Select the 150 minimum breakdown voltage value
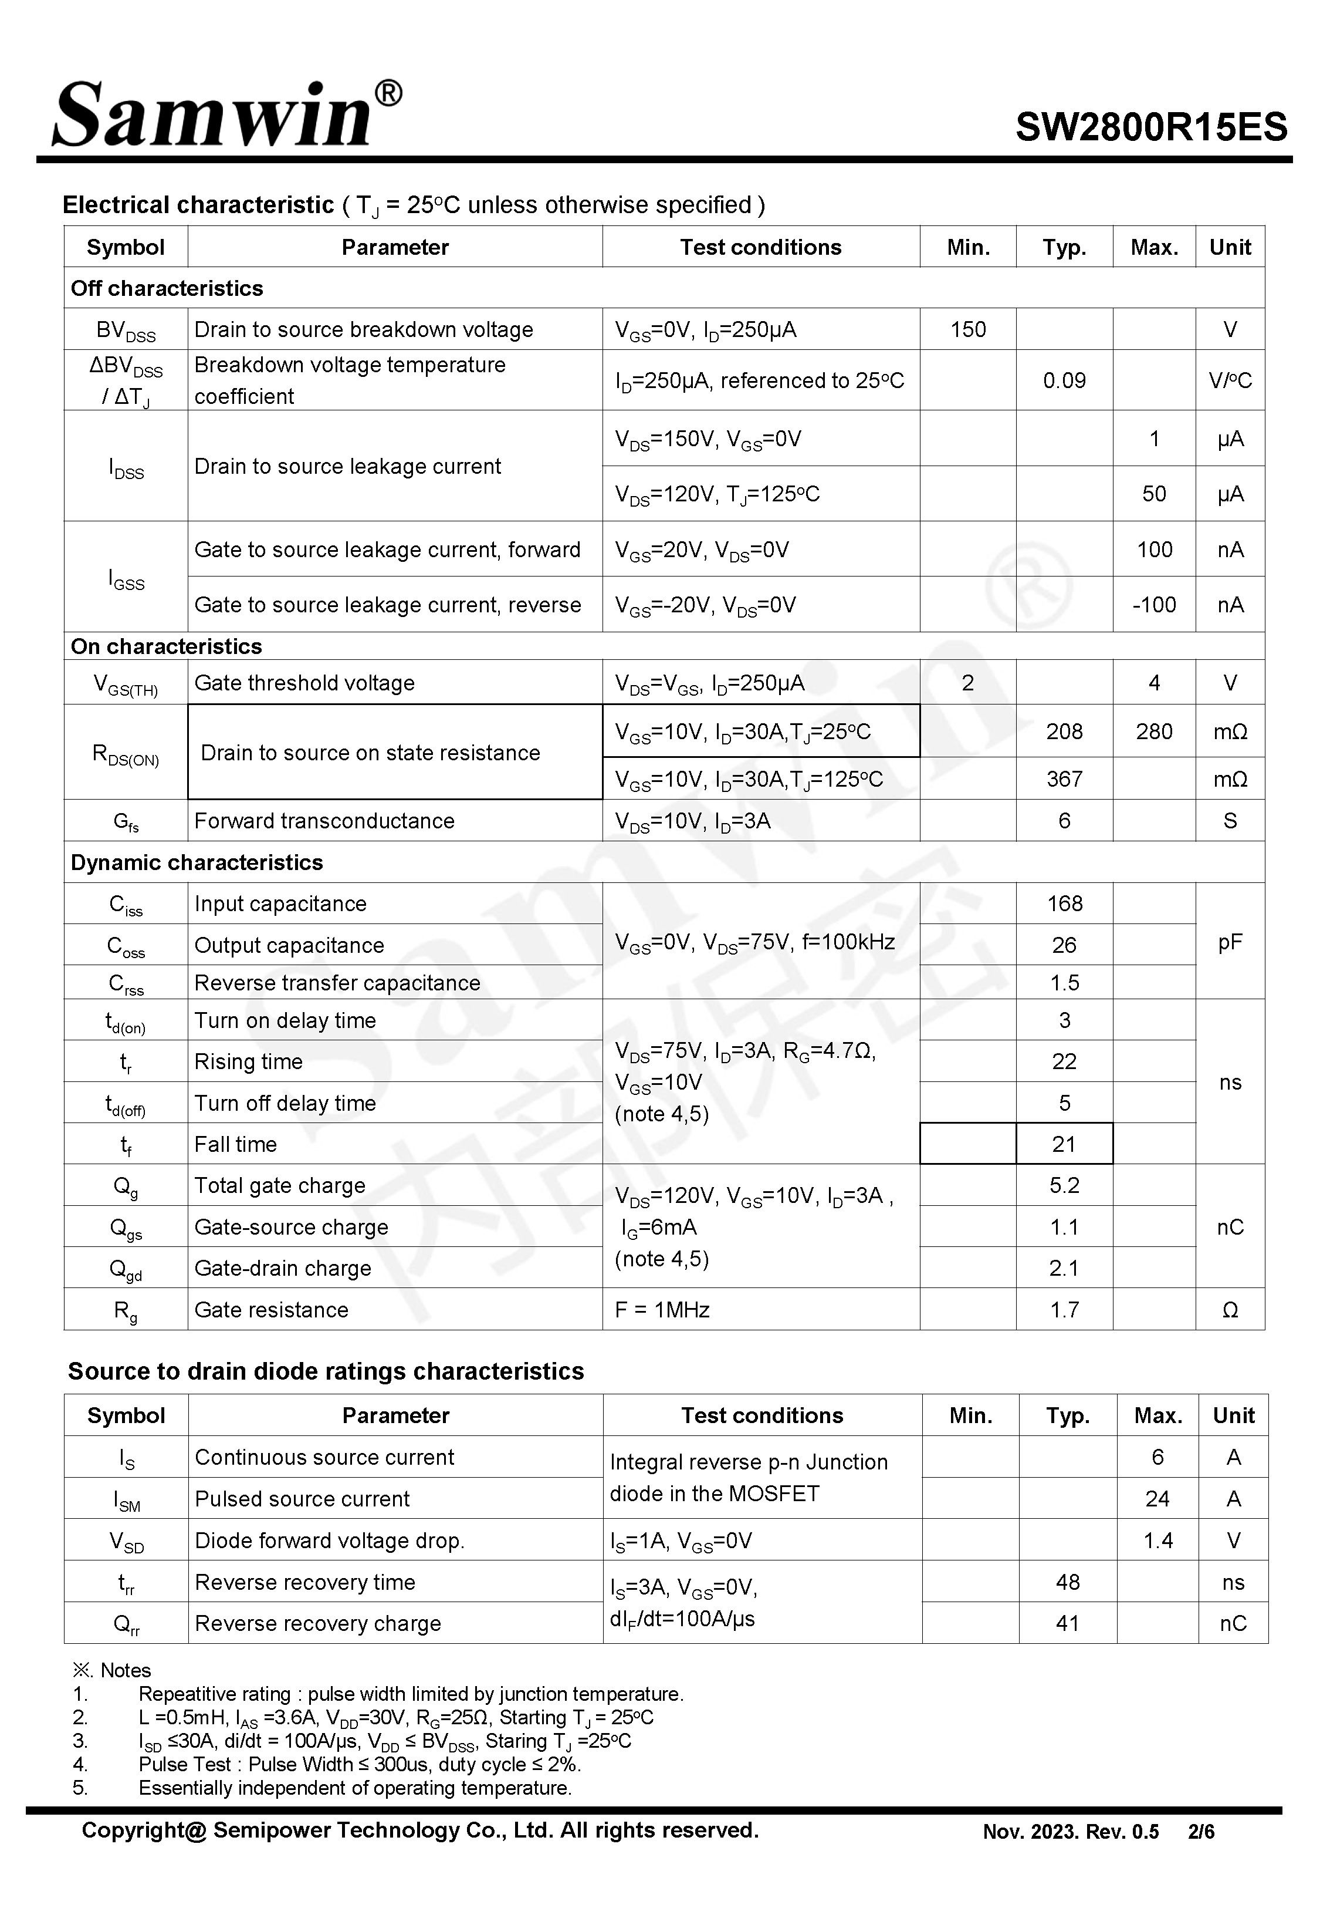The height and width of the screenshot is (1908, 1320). pyautogui.click(x=967, y=329)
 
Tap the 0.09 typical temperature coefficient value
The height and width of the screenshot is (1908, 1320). pyautogui.click(x=1064, y=380)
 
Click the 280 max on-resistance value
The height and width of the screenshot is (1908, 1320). pyautogui.click(x=1154, y=731)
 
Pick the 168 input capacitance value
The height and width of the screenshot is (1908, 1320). pyautogui.click(x=1064, y=904)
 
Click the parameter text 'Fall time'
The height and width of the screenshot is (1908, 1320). pyautogui.click(x=236, y=1144)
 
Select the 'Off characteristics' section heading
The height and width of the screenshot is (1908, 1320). pyautogui.click(x=167, y=288)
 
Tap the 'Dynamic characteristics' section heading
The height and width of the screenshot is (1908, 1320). pyautogui.click(x=197, y=862)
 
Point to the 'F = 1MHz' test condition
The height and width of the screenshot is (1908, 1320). pyautogui.click(x=662, y=1310)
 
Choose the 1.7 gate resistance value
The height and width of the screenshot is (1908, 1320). pyautogui.click(x=1064, y=1310)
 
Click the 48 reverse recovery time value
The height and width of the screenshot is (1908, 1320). pyautogui.click(x=1068, y=1582)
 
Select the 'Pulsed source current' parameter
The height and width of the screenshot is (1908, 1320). pyautogui.click(x=302, y=1498)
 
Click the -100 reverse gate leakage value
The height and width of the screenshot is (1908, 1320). pyautogui.click(x=1154, y=605)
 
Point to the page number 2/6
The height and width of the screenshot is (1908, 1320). pyautogui.click(x=1201, y=1832)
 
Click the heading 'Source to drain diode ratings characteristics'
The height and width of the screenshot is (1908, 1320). pyautogui.click(x=326, y=1371)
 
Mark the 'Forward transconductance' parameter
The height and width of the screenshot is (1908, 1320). pyautogui.click(x=324, y=821)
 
